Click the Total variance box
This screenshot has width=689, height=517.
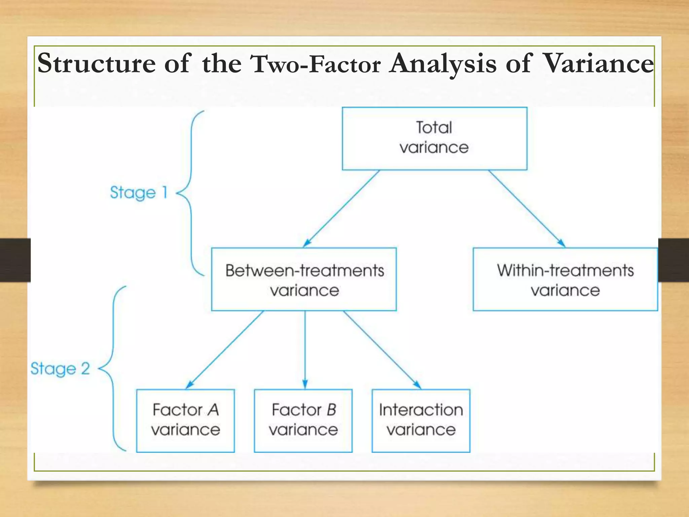(434, 138)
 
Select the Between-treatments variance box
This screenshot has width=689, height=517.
(304, 279)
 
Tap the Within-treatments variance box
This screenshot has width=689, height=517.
(565, 279)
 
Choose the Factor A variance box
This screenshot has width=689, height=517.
(185, 421)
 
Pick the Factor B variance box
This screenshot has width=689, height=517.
(303, 421)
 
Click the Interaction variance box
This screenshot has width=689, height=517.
(421, 421)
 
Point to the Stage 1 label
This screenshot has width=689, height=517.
(138, 193)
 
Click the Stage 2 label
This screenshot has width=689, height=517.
(60, 369)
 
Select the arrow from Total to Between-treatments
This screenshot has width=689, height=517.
(341, 209)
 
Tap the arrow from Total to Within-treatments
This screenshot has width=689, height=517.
(527, 209)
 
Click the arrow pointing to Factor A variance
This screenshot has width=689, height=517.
(224, 350)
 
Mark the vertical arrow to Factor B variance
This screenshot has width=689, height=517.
(305, 350)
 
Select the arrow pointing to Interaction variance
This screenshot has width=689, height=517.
(382, 350)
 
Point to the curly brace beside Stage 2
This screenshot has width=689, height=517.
(113, 369)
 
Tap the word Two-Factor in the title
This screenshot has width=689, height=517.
(316, 64)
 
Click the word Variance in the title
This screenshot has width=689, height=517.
(599, 63)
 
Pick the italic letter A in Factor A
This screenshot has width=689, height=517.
(213, 410)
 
